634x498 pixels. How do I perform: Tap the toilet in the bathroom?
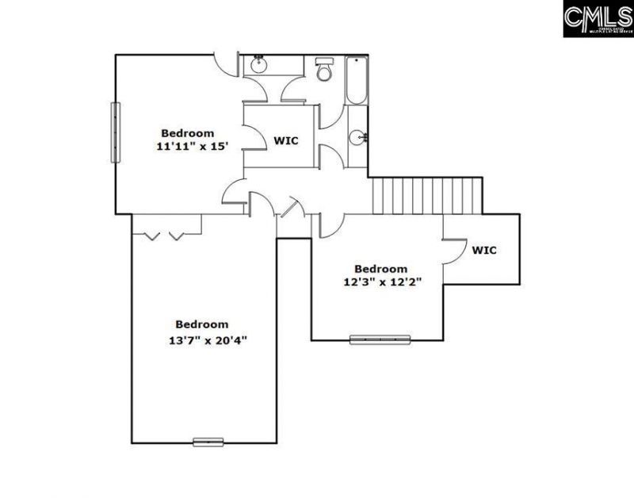324,71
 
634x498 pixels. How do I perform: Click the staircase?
426,195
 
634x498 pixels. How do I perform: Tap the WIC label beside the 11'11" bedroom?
286,140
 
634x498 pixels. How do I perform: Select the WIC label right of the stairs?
484,250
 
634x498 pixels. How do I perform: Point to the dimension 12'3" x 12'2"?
381,282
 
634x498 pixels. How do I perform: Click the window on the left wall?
115,132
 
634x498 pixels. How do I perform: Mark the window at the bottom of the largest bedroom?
208,442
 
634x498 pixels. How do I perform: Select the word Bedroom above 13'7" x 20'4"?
202,324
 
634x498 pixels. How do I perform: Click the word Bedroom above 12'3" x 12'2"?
380,268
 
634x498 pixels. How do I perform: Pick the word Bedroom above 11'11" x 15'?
188,132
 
